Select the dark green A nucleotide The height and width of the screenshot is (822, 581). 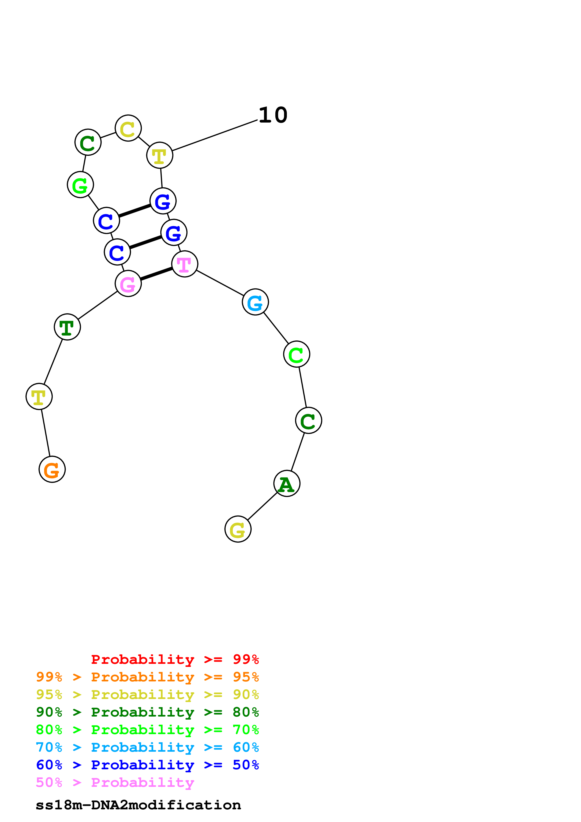pos(287,483)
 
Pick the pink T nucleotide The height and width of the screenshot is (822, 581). pos(185,264)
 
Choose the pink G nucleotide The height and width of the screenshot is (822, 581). pos(128,283)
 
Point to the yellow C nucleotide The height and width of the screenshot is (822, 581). pos(128,128)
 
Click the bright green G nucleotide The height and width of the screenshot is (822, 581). pos(80,184)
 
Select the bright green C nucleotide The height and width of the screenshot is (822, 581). pos(296,354)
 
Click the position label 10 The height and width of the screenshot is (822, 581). pos(273,115)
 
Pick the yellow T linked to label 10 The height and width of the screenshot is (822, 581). pos(160,155)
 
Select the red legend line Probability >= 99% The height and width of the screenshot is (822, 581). pos(175,659)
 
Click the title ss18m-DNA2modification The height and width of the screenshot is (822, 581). pos(138,805)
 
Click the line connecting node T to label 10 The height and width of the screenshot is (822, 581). pos(215,135)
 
